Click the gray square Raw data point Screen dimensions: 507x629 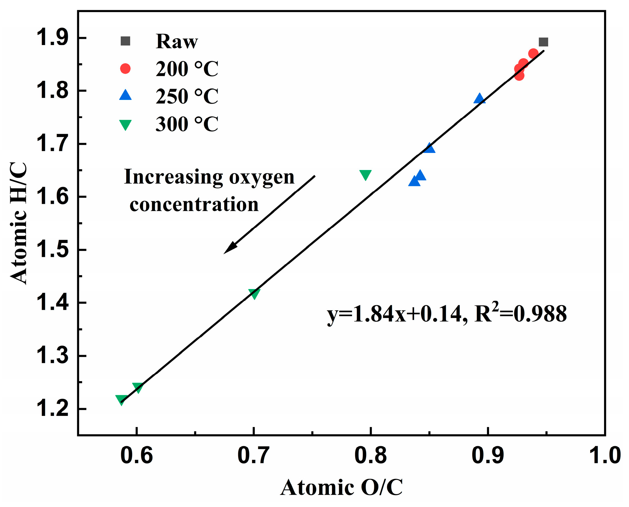544,42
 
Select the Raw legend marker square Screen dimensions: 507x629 125,41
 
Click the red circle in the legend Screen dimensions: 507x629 125,68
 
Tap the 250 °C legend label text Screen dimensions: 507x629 187,96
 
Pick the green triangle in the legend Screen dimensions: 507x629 125,125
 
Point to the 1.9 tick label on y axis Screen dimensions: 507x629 53,38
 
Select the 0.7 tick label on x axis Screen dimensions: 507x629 253,455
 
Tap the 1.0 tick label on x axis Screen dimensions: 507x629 604,455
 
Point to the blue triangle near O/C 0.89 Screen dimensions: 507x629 479,98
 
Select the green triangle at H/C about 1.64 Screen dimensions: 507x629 365,175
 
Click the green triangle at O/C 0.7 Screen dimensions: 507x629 254,293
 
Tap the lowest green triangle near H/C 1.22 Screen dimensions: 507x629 121,400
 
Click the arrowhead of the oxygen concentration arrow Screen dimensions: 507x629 229,248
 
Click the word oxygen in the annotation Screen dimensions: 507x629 262,178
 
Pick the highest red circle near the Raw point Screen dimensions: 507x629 533,54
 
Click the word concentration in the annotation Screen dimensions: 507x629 194,205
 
